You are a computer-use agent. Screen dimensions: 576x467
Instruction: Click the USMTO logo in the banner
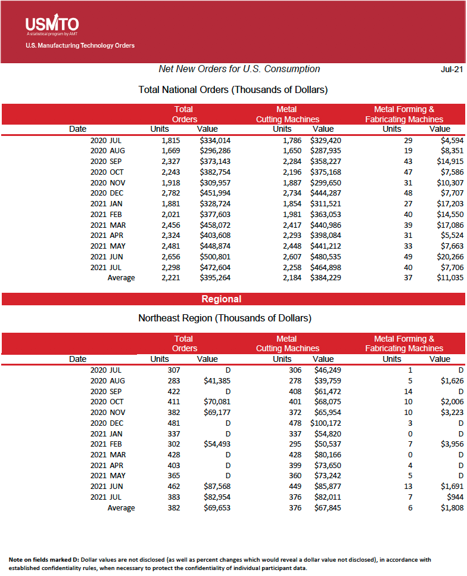[x=52, y=25]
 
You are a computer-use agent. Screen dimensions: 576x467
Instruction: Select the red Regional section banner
[x=221, y=299]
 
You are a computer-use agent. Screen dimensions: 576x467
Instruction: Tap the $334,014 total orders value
[x=215, y=140]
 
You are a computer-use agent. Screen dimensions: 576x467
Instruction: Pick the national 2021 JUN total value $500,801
[x=215, y=256]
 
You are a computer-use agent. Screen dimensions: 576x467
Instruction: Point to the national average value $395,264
[x=215, y=278]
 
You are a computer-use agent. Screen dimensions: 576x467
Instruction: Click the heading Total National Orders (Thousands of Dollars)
[x=233, y=90]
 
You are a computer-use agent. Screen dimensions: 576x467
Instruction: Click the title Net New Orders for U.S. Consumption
[x=239, y=69]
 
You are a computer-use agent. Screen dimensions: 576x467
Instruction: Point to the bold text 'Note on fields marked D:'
[x=43, y=560]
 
